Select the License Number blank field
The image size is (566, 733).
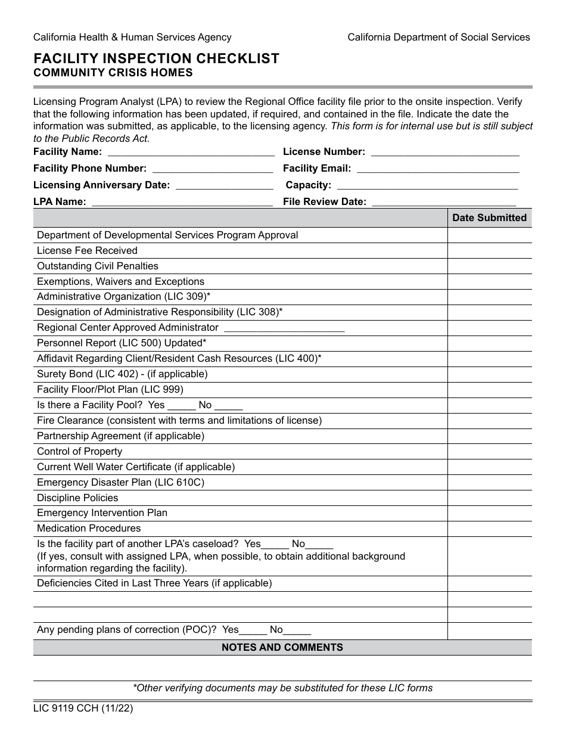point(444,153)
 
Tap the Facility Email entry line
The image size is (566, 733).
point(437,170)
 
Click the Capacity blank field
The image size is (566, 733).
point(427,187)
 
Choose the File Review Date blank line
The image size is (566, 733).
point(443,203)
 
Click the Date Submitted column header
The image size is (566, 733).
point(489,218)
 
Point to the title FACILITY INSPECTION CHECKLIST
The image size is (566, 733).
point(156,58)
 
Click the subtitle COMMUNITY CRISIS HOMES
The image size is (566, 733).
point(113,73)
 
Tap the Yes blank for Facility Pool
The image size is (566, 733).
point(182,406)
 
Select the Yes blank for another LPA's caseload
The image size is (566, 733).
point(275,545)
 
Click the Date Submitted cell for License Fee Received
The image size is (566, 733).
point(489,251)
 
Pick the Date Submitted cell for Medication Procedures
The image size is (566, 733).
point(489,529)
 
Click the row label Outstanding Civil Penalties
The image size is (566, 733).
point(98,266)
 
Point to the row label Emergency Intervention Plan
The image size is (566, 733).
point(102,513)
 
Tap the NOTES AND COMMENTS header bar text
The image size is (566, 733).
point(282,647)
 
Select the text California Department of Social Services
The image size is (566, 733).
point(439,38)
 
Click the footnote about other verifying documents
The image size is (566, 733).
point(282,688)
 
